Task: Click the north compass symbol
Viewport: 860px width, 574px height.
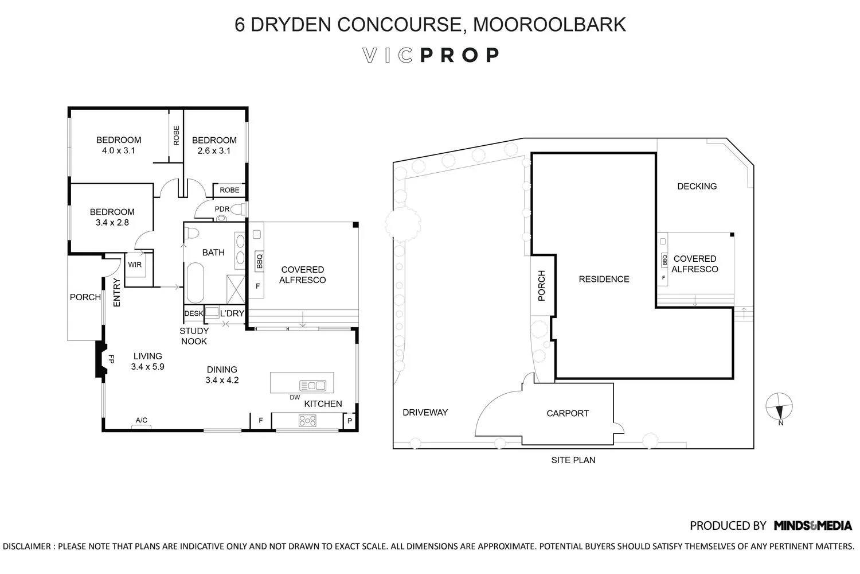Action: tap(779, 407)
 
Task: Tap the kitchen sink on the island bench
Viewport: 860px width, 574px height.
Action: tap(312, 386)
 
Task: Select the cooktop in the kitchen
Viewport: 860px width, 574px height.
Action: tap(307, 421)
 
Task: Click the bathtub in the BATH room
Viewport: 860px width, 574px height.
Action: tap(195, 282)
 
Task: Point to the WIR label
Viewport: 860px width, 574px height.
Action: tap(135, 265)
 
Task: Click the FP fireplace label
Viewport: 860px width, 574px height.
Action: tap(112, 359)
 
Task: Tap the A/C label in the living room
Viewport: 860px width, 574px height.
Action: tap(141, 420)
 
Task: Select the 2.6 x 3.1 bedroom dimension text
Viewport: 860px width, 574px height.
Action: tap(214, 151)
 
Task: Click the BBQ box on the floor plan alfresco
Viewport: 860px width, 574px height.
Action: tap(259, 262)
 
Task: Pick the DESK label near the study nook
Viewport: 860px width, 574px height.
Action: tap(193, 313)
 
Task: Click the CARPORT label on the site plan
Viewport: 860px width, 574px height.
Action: tap(567, 413)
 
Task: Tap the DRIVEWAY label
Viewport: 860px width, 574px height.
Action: tap(425, 412)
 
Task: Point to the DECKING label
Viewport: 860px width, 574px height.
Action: tap(697, 186)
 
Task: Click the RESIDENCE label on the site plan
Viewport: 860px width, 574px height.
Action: tap(604, 279)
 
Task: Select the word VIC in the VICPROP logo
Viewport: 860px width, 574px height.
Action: tap(388, 55)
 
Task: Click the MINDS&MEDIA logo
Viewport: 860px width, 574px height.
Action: tap(812, 525)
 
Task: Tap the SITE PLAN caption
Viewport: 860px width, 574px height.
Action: tap(573, 460)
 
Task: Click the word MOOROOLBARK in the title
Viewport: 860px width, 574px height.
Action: tap(549, 25)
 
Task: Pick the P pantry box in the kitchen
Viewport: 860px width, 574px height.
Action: tap(350, 421)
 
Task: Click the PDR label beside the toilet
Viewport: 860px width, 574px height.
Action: tap(222, 209)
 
